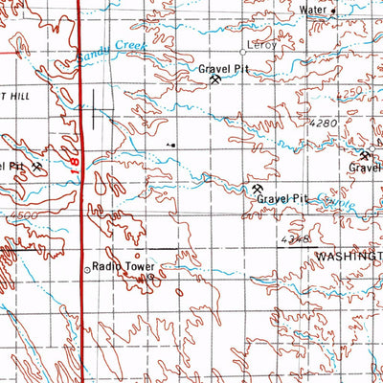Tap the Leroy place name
[x=259, y=46]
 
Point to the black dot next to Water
[x=332, y=13]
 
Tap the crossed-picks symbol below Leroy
[x=215, y=83]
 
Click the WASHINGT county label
[x=348, y=258]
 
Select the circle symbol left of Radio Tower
[x=87, y=269]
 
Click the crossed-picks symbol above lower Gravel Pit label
[x=258, y=189]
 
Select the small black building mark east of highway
[x=172, y=145]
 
